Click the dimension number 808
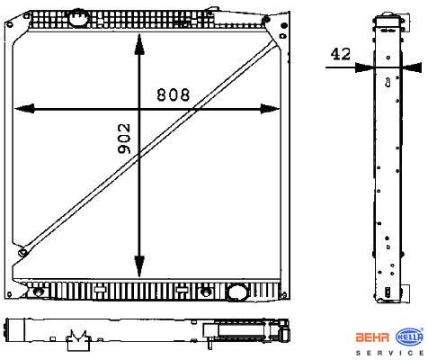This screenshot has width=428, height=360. point(174,94)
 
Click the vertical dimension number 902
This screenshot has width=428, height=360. point(124,139)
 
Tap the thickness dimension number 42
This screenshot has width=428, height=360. point(340,54)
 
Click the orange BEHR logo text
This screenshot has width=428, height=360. point(372,337)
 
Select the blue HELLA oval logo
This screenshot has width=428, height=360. point(409,337)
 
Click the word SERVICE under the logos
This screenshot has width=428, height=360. point(389,353)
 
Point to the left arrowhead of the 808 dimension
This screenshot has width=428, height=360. point(24,109)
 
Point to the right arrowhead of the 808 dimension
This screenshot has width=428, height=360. point(270,109)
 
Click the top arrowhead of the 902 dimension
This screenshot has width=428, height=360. point(139,44)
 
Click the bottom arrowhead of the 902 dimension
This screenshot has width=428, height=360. point(139,266)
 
